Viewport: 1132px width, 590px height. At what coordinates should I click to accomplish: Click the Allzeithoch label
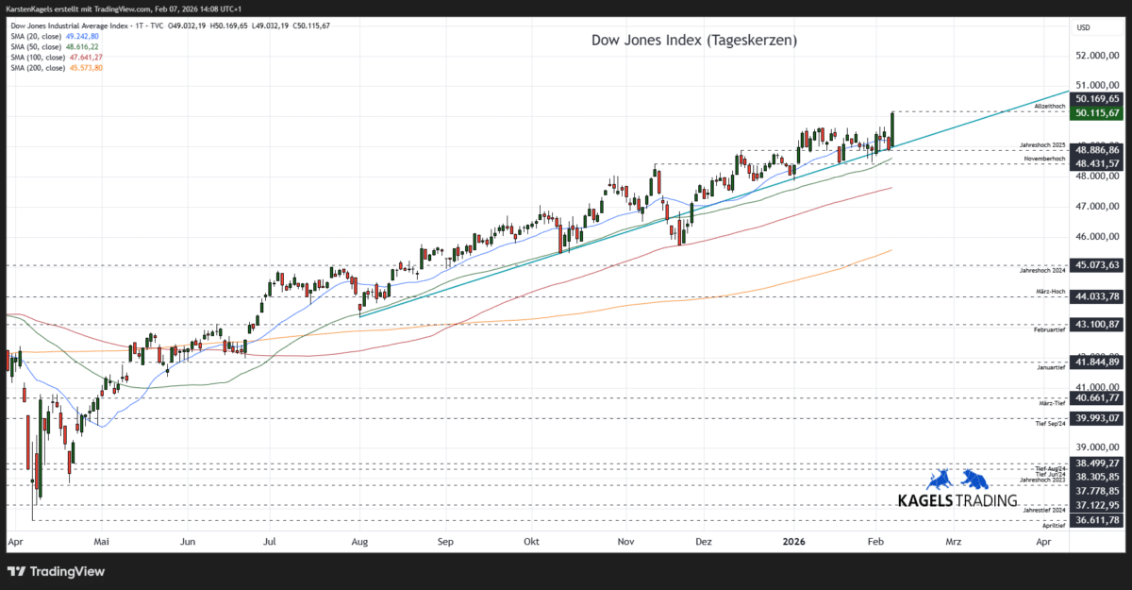[1050, 108]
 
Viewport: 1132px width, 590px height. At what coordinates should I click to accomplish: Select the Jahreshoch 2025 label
[1042, 145]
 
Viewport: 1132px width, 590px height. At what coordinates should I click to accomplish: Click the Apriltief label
[1054, 526]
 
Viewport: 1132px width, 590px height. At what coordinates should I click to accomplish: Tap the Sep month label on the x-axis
[445, 543]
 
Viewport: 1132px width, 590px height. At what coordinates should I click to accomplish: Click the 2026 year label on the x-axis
[794, 543]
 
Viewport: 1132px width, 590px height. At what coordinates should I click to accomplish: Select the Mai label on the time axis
[102, 543]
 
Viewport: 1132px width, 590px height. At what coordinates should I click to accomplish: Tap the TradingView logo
[57, 571]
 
